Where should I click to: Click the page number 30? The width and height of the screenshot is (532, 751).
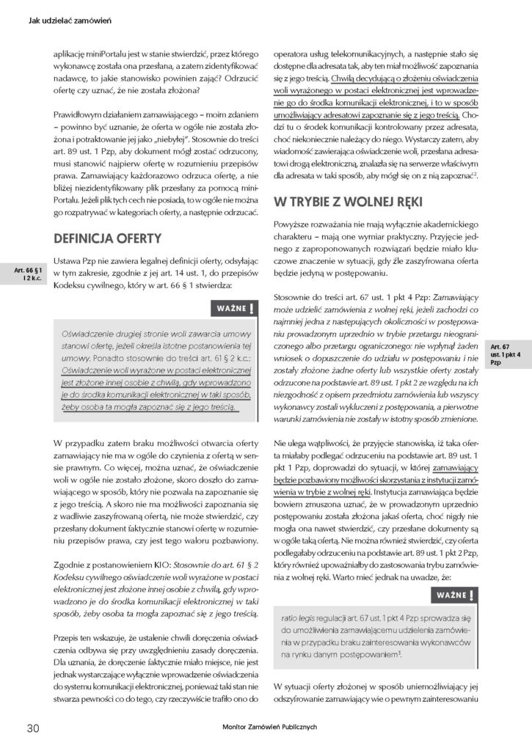pyautogui.click(x=32, y=728)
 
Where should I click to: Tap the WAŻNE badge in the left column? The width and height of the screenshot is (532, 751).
pyautogui.click(x=235, y=308)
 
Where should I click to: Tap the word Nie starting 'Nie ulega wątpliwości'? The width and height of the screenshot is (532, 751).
pyautogui.click(x=280, y=444)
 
